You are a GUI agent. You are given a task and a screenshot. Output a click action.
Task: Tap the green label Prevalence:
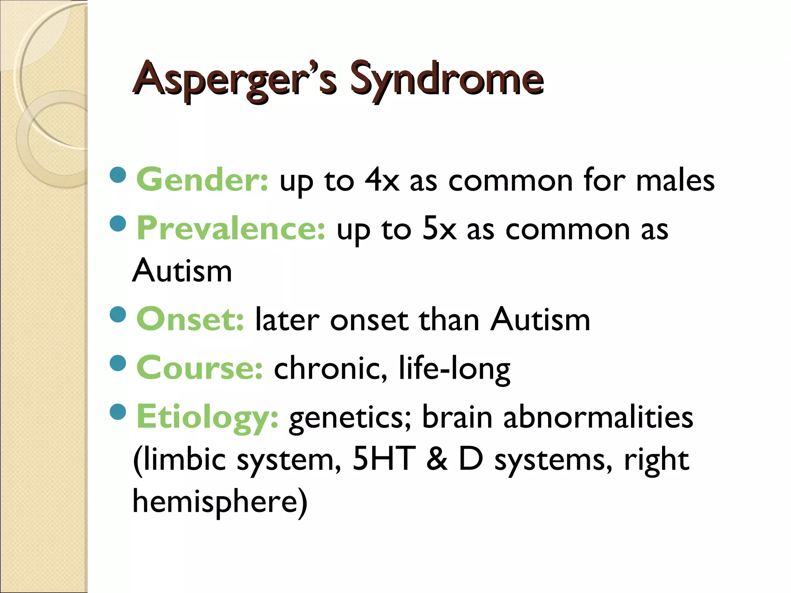(231, 229)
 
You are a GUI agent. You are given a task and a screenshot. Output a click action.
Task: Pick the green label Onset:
(190, 320)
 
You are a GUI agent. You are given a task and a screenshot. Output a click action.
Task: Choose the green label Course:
(200, 368)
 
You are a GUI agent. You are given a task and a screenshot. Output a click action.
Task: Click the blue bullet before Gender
(118, 175)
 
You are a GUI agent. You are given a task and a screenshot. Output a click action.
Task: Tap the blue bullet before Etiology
(118, 412)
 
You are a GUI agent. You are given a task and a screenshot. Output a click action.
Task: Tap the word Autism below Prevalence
(182, 271)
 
